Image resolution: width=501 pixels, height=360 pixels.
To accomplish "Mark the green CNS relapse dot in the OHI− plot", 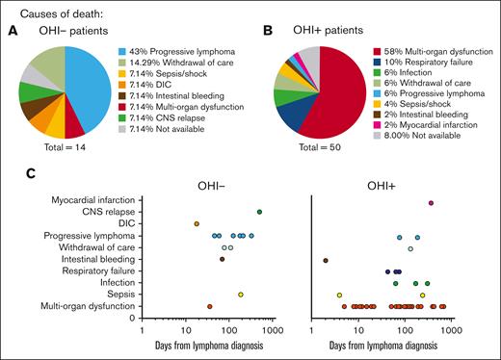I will [x=259, y=212].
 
